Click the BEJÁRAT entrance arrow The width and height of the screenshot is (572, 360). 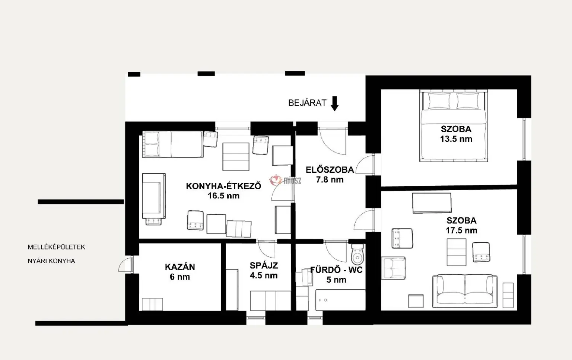[x=334, y=103]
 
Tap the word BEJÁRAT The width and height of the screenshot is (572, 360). [x=307, y=103]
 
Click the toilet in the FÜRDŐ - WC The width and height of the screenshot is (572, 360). [x=357, y=254]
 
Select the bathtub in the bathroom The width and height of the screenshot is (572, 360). [x=340, y=300]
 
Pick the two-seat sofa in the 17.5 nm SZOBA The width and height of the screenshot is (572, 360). [x=465, y=291]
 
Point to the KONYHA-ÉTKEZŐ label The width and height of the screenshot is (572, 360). [x=223, y=186]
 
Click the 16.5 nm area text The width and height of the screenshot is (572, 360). [x=223, y=196]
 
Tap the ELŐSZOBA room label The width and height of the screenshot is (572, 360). [x=330, y=169]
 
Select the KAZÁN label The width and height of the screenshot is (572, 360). [x=180, y=267]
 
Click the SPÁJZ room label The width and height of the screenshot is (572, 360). [x=264, y=265]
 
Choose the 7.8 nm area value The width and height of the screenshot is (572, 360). [x=330, y=180]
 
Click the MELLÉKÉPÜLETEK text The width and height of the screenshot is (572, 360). [x=57, y=247]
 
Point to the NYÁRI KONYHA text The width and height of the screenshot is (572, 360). [x=51, y=261]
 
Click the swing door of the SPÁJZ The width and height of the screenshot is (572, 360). [x=266, y=249]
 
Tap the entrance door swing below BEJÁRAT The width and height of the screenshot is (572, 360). [x=333, y=141]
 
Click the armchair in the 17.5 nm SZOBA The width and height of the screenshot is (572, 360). [x=394, y=268]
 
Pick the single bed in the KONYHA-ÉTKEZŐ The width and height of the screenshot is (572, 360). [x=173, y=144]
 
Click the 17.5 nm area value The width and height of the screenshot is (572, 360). [x=461, y=230]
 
